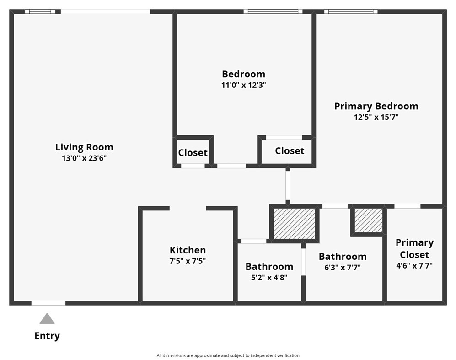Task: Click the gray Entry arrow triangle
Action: pyautogui.click(x=47, y=319)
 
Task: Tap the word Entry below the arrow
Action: pyautogui.click(x=47, y=336)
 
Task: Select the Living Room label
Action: pyautogui.click(x=84, y=147)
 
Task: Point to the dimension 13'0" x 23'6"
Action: pyautogui.click(x=84, y=158)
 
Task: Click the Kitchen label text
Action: pyautogui.click(x=188, y=250)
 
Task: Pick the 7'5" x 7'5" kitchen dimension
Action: pyautogui.click(x=188, y=261)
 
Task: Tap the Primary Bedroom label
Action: pyautogui.click(x=376, y=106)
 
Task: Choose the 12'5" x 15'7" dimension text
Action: pyautogui.click(x=376, y=117)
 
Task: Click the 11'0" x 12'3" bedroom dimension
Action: pyautogui.click(x=244, y=85)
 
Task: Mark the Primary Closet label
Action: pyautogui.click(x=414, y=249)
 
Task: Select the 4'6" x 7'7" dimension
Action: pyautogui.click(x=414, y=265)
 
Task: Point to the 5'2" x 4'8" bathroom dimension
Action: pyautogui.click(x=269, y=278)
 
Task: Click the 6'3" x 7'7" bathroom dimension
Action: pyautogui.click(x=343, y=268)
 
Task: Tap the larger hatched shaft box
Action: pyautogui.click(x=295, y=224)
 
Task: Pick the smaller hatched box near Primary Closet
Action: pyautogui.click(x=369, y=220)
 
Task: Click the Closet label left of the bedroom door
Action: pyautogui.click(x=193, y=153)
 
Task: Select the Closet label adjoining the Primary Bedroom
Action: pyautogui.click(x=290, y=151)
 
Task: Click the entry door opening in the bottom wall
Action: pyautogui.click(x=48, y=303)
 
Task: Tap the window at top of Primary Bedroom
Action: pyautogui.click(x=351, y=11)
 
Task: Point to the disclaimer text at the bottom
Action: pyautogui.click(x=228, y=355)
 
